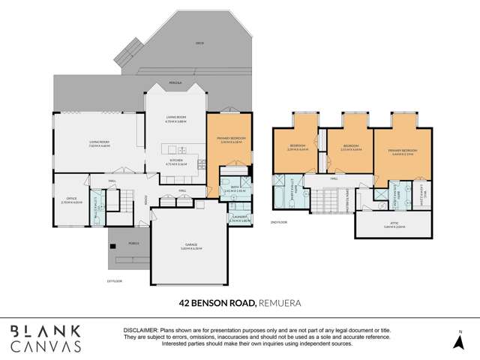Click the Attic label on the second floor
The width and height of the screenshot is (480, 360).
click(394, 223)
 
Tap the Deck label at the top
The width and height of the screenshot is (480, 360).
click(199, 43)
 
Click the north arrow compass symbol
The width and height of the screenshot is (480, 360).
click(460, 342)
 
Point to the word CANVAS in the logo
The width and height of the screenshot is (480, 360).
click(46, 346)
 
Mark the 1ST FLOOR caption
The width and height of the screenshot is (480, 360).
click(114, 280)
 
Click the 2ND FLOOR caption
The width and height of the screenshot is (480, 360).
click(278, 223)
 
